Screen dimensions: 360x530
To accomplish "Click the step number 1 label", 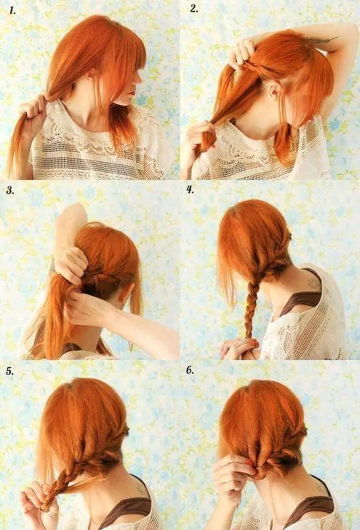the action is click(12, 11).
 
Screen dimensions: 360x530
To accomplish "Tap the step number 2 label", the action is click(194, 9).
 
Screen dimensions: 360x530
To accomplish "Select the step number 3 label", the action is click(11, 190).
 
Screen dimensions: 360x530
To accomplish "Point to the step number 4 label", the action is click(190, 190).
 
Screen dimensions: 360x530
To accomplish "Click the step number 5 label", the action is click(10, 371).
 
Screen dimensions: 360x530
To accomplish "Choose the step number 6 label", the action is click(190, 370).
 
